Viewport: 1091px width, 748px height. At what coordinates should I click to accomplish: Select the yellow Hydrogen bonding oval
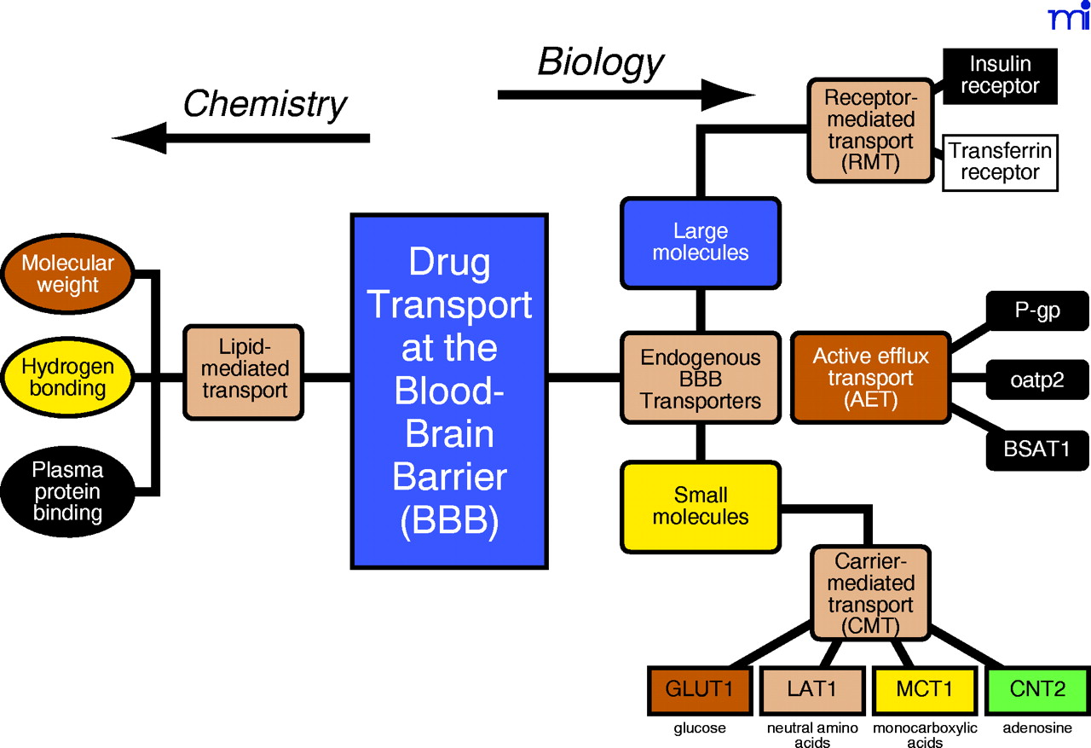coord(68,377)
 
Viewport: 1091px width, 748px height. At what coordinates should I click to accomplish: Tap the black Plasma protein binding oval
coord(68,491)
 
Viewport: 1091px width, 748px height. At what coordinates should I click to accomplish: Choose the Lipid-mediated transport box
coord(244,370)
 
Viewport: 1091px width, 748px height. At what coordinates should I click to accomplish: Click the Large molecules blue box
coord(700,241)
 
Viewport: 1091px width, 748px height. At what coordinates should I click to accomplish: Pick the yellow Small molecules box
coord(700,507)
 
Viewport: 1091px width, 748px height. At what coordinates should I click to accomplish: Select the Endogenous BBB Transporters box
coord(700,378)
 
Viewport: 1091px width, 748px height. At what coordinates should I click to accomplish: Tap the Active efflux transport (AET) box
coord(870,377)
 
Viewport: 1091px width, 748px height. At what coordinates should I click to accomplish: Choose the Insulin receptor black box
coord(1000,76)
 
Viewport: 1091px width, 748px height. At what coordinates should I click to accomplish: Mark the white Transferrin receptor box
coord(1000,162)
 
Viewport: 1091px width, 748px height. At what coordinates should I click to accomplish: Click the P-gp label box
coord(1037,310)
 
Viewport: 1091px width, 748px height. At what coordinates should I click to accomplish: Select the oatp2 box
coord(1037,379)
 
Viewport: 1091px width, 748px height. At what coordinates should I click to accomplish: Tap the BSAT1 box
coord(1037,447)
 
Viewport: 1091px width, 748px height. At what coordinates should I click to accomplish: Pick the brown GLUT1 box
coord(700,689)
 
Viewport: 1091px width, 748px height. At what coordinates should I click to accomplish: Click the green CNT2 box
coord(1037,689)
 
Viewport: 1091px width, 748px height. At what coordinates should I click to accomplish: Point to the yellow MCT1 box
coord(925,689)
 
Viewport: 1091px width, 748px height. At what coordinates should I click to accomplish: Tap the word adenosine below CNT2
coord(1037,728)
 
